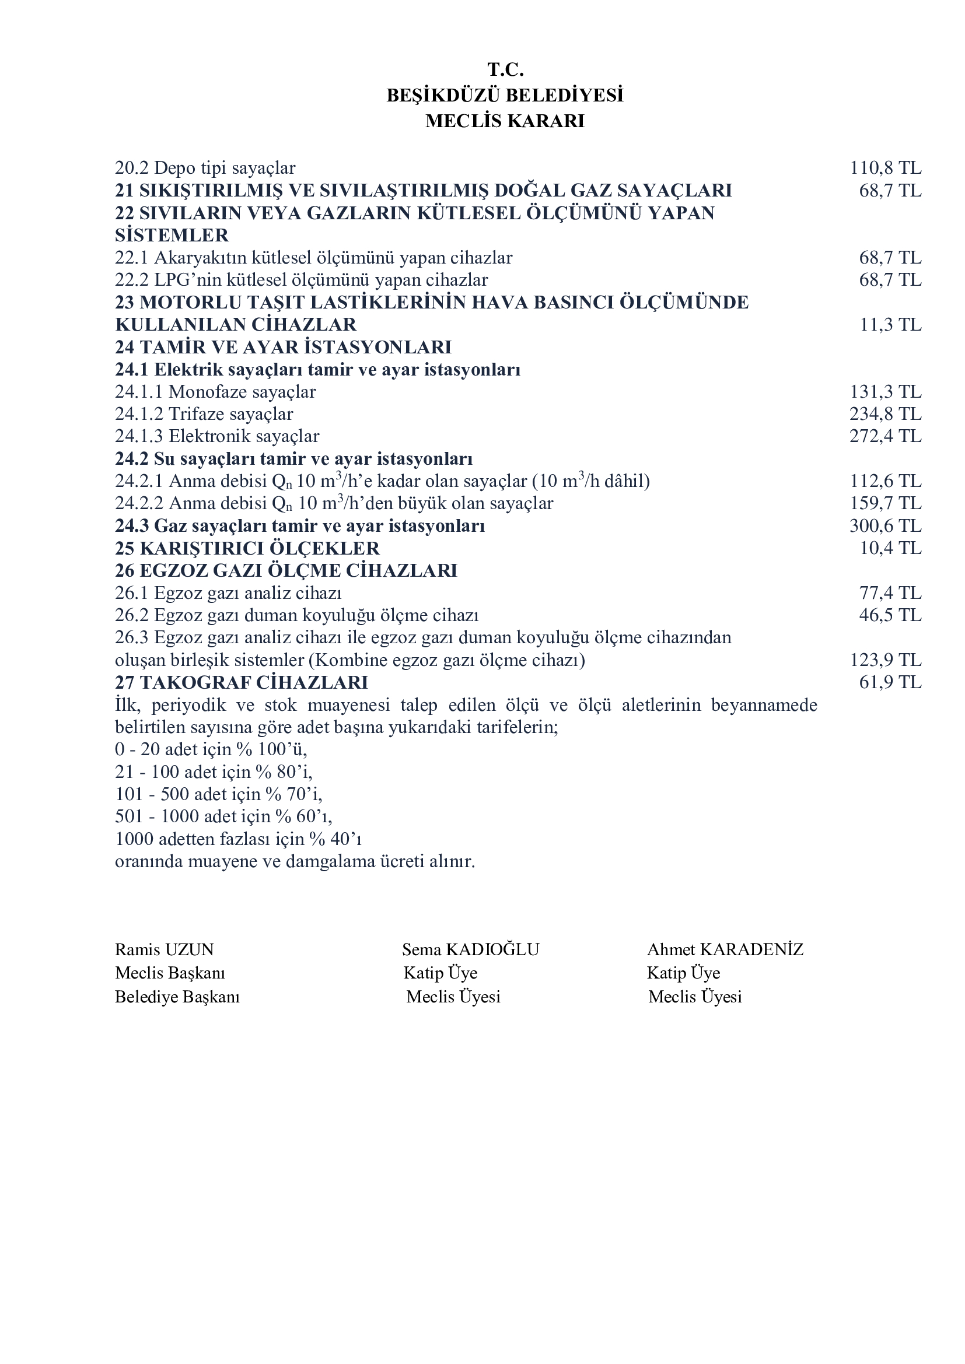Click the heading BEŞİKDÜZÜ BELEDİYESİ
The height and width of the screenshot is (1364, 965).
[x=505, y=96]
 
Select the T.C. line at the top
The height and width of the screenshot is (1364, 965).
[x=505, y=70]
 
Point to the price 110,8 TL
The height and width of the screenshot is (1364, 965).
[x=886, y=168]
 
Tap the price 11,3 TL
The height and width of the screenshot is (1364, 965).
[x=890, y=325]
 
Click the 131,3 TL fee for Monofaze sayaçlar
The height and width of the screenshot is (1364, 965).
[x=886, y=392]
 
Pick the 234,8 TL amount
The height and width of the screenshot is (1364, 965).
[x=886, y=414]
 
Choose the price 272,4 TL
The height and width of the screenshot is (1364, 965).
[x=886, y=437]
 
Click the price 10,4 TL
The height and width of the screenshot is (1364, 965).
[x=890, y=548]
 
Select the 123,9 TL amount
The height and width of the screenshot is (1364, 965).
[x=886, y=660]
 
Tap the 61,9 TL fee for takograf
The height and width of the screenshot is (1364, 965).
[x=890, y=682]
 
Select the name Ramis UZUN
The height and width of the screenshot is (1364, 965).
[x=164, y=949]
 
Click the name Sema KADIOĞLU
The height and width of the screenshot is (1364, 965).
[x=470, y=949]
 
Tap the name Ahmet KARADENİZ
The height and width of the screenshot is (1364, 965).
[x=725, y=949]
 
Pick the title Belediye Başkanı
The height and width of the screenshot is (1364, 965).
[x=177, y=996]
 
